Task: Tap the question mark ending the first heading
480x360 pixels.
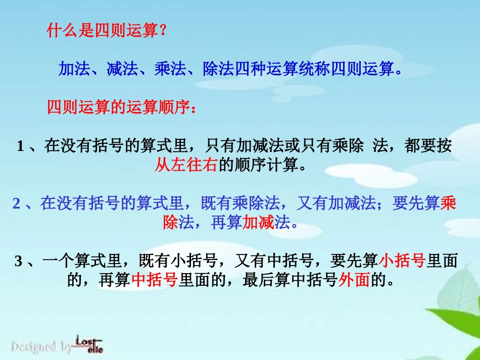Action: click(163, 31)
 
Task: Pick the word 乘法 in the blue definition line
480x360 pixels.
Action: click(170, 69)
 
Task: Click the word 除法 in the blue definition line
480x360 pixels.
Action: click(218, 69)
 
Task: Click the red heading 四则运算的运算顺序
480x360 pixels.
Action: click(118, 108)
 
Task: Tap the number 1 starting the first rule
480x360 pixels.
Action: click(21, 146)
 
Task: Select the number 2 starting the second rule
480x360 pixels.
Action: click(17, 203)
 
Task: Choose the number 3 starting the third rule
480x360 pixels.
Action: click(19, 261)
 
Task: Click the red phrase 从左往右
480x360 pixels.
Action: click(185, 165)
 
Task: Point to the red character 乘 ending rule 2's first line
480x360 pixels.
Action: click(449, 203)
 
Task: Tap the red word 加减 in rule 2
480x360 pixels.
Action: click(258, 222)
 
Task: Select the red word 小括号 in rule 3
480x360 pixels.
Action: click(402, 261)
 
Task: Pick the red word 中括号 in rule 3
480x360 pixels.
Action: click(155, 280)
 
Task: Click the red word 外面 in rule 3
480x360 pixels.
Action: click(354, 280)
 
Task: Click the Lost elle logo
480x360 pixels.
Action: click(89, 344)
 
